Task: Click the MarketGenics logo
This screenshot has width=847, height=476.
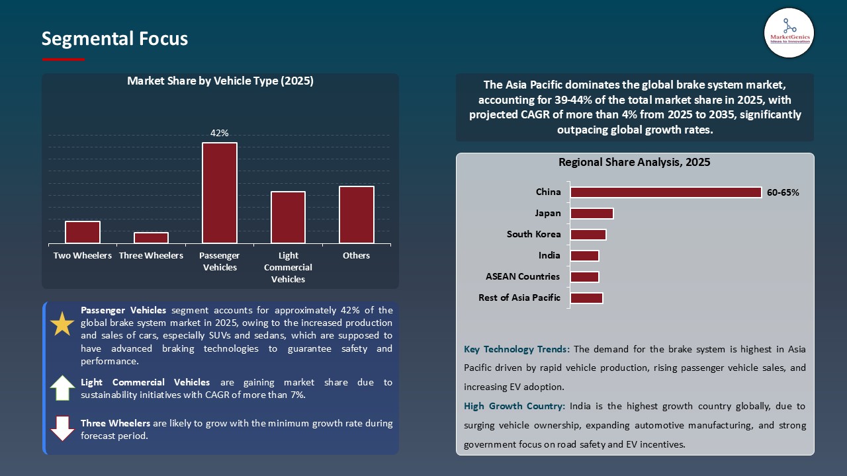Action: point(789,32)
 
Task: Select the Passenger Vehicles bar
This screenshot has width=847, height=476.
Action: point(220,193)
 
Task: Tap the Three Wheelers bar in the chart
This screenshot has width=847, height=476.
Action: point(151,238)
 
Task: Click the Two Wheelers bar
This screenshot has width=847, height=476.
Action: point(83,232)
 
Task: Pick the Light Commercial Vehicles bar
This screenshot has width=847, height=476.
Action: point(288,218)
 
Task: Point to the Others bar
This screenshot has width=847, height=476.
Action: point(357,215)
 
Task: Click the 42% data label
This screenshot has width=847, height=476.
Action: point(220,133)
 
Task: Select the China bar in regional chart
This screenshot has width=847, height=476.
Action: point(666,192)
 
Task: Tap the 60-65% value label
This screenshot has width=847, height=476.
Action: point(783,193)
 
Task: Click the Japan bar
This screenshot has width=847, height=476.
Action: point(592,214)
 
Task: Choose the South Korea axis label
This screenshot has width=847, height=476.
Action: point(533,234)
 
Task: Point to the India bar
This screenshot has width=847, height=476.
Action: point(584,256)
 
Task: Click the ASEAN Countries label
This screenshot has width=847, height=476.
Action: point(522,276)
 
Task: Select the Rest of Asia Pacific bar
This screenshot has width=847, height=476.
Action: point(586,298)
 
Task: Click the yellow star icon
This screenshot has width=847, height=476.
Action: point(63,324)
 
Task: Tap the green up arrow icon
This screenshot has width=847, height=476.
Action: point(63,388)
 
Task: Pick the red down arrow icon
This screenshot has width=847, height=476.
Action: point(63,428)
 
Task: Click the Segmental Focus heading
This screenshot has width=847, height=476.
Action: point(114,39)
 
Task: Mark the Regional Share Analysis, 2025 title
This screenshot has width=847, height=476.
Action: point(634,162)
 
